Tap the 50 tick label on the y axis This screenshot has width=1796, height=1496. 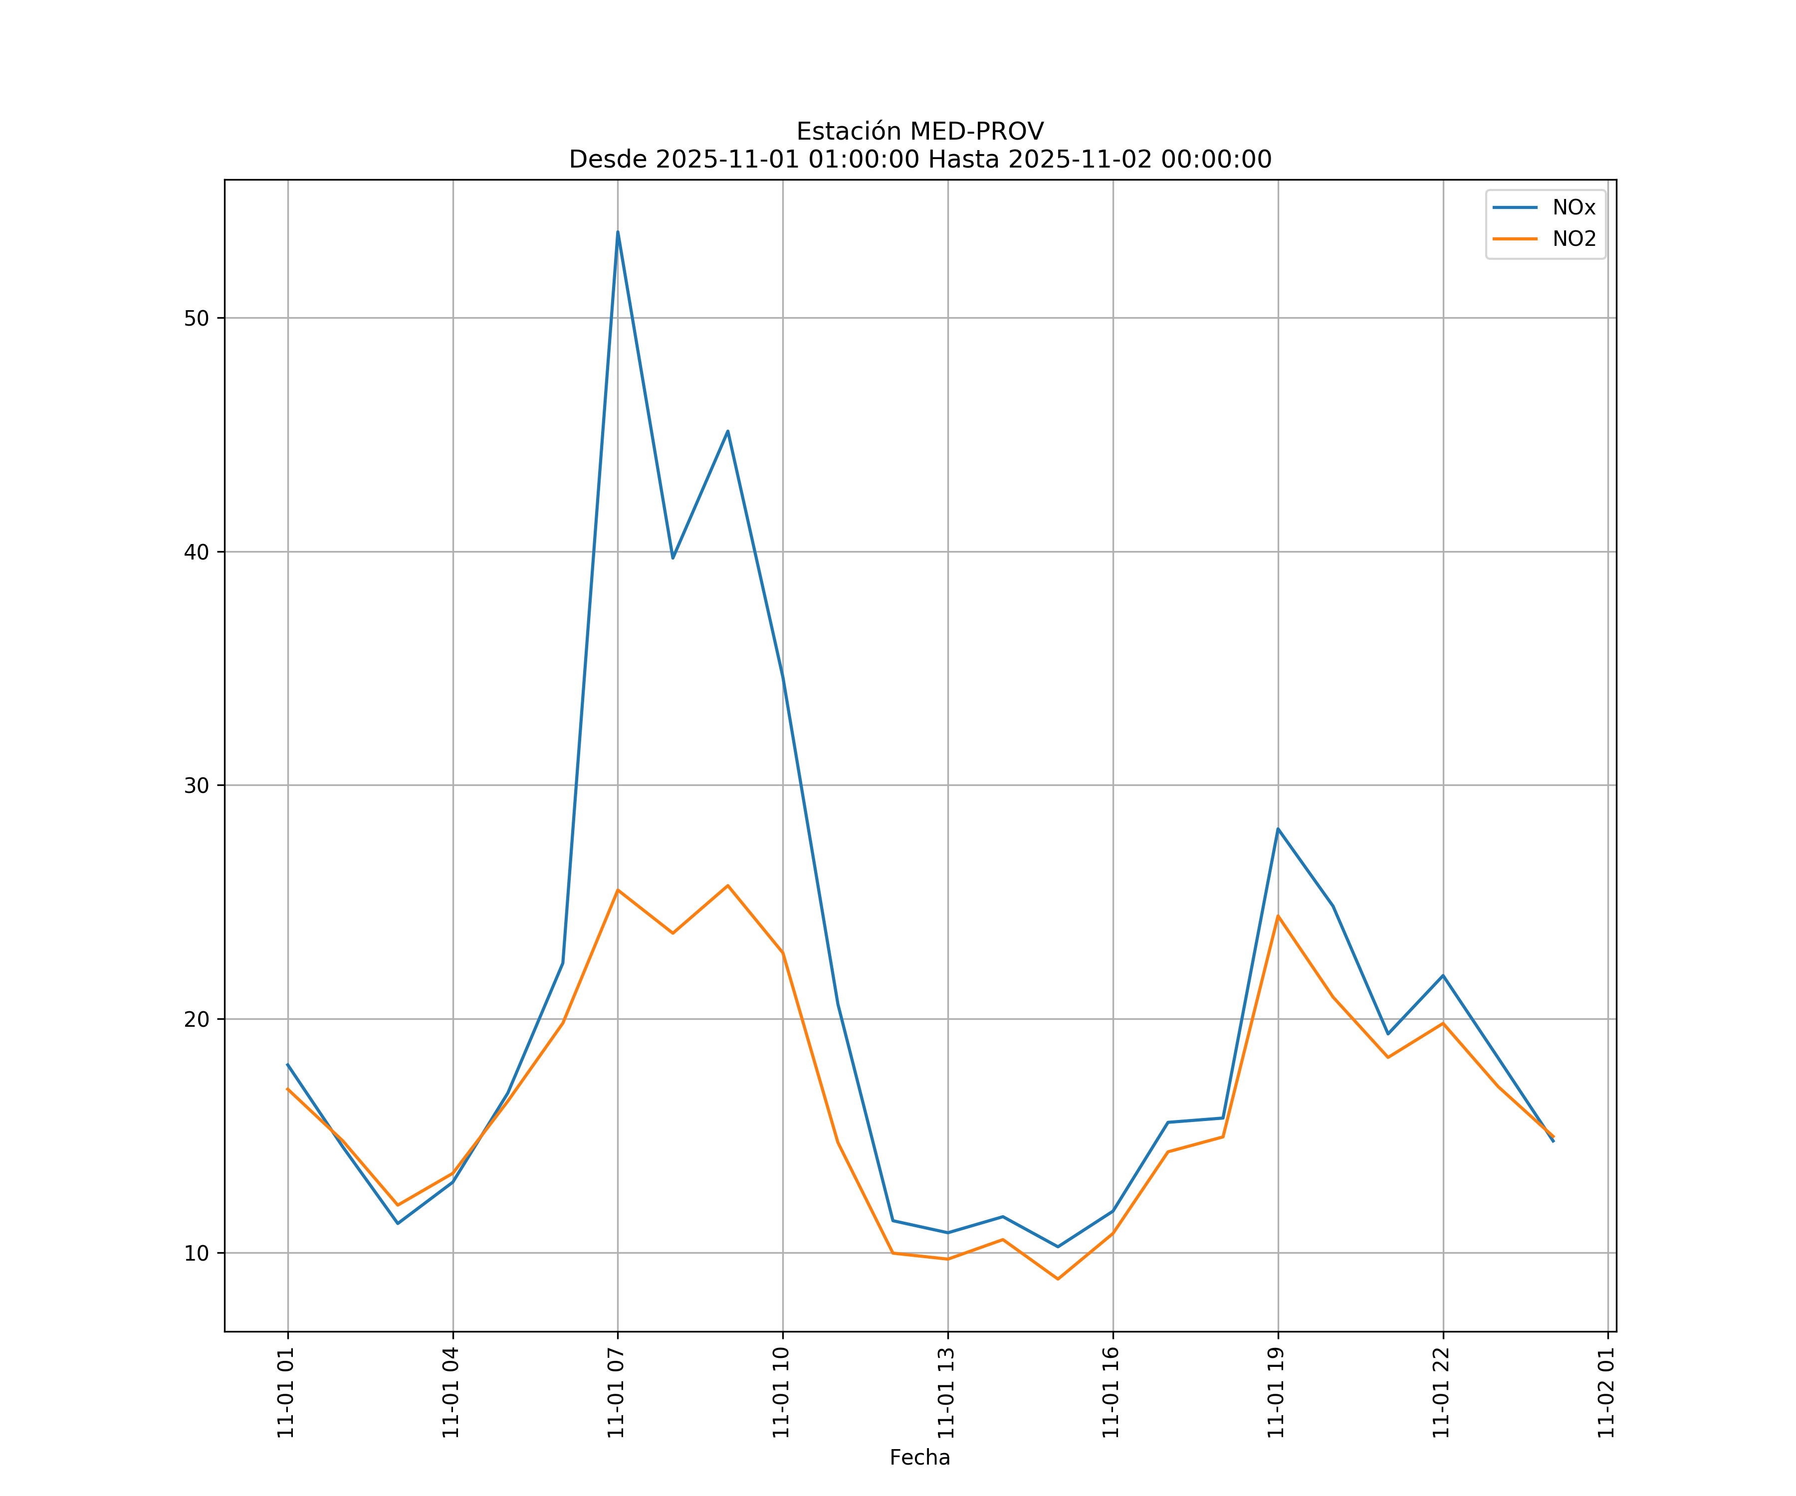196,318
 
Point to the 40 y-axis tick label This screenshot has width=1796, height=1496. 196,552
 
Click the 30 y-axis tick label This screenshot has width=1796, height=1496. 196,785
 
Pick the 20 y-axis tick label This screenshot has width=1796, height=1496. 196,1019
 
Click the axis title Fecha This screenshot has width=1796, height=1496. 919,1458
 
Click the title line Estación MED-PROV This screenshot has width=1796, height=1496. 919,132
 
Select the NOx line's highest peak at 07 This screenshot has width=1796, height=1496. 618,232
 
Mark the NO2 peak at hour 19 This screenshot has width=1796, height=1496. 1278,916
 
